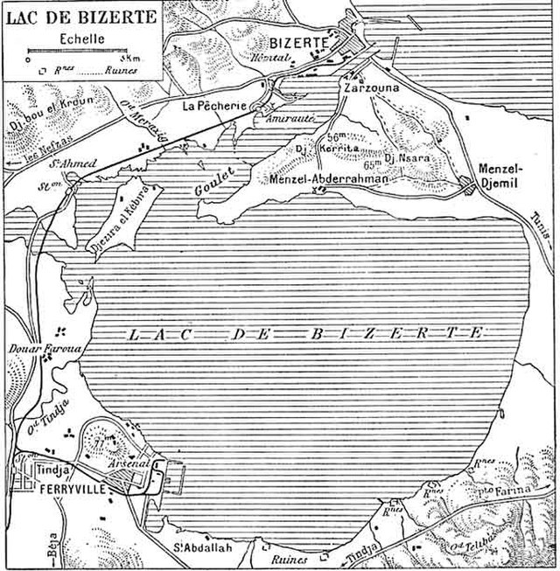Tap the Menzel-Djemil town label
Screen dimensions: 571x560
click(501, 176)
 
